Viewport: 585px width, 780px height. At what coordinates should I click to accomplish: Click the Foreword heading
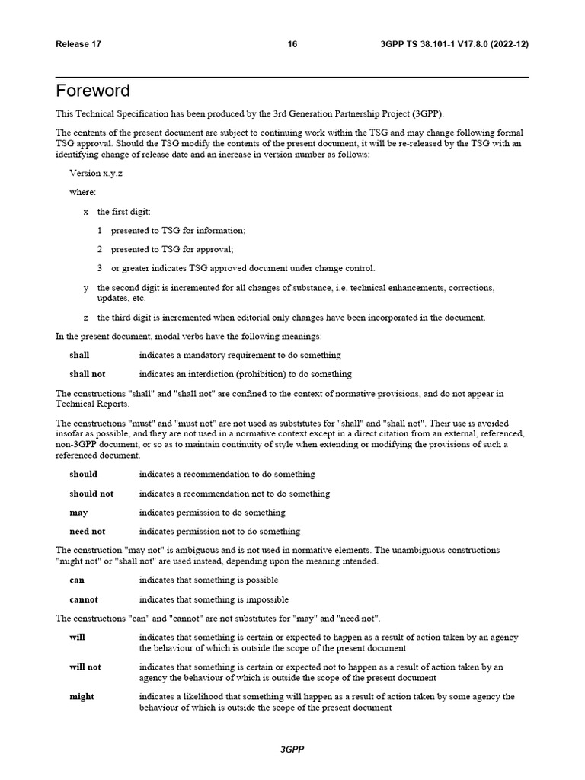[93, 91]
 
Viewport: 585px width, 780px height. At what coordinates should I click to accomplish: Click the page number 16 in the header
[292, 44]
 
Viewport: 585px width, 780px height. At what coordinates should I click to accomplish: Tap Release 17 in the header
[78, 44]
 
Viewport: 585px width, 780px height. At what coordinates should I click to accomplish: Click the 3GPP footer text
[292, 750]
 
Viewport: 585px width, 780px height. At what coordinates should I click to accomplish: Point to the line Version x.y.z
[97, 173]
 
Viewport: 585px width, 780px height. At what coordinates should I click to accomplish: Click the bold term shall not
[88, 374]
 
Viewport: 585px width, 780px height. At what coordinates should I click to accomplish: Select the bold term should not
[91, 494]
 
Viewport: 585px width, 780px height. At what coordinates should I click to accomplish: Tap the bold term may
[78, 513]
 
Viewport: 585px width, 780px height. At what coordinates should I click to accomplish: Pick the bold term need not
[88, 532]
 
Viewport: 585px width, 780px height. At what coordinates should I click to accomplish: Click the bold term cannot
[84, 599]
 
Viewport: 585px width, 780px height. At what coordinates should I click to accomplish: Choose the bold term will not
[85, 667]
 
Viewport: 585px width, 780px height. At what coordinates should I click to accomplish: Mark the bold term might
[82, 697]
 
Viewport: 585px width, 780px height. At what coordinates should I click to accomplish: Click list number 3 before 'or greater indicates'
[100, 268]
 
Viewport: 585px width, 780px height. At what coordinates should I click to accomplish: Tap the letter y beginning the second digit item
[86, 288]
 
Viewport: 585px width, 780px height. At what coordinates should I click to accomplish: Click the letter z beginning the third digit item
[86, 318]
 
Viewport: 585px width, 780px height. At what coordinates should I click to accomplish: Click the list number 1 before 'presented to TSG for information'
[100, 230]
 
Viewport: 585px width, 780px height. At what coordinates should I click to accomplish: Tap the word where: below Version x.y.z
[83, 192]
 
